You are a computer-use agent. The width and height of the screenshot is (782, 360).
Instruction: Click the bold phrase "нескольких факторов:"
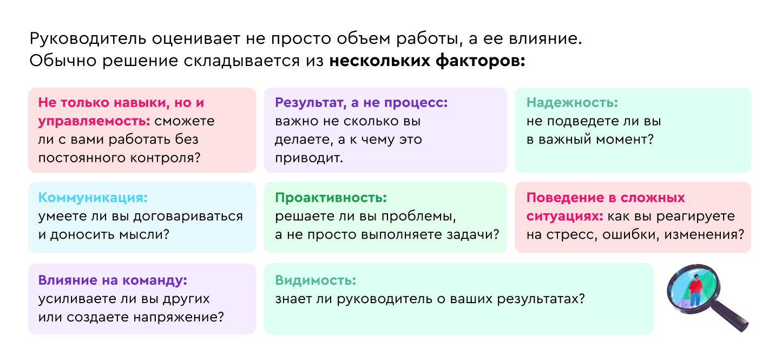pyautogui.click(x=428, y=61)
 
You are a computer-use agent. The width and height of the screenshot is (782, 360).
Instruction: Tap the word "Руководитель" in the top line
pyautogui.click(x=88, y=39)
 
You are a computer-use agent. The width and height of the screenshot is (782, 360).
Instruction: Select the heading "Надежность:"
pyautogui.click(x=572, y=102)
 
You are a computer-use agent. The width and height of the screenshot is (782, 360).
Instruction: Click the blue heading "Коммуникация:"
pyautogui.click(x=93, y=198)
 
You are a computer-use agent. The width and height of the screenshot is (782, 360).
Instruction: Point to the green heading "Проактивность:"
pyautogui.click(x=331, y=198)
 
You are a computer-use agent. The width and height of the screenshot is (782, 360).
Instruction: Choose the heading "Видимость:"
pyautogui.click(x=316, y=280)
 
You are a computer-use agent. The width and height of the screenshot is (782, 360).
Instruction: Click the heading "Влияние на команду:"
pyautogui.click(x=113, y=280)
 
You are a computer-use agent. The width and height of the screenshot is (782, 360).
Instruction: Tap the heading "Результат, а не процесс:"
pyautogui.click(x=362, y=103)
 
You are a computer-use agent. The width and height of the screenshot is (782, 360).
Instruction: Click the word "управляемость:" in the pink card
pyautogui.click(x=94, y=121)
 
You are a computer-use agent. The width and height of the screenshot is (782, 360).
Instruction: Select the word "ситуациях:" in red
pyautogui.click(x=565, y=217)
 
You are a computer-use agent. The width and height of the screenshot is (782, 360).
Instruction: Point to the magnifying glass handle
pyautogui.click(x=730, y=317)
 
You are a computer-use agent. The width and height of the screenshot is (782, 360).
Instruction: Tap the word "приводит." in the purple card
pyautogui.click(x=309, y=158)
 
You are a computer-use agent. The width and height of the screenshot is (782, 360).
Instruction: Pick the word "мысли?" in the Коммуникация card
pyautogui.click(x=144, y=234)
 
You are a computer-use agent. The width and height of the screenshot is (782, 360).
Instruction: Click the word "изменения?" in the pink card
pyautogui.click(x=704, y=234)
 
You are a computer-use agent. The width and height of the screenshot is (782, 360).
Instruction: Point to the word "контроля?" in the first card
pyautogui.click(x=166, y=158)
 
